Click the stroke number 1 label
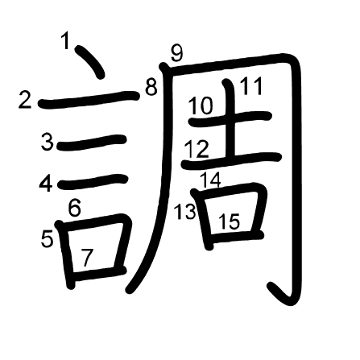tap(65, 40)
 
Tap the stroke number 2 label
tap(25, 100)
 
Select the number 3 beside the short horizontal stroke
tap(48, 143)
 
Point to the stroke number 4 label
tap(46, 184)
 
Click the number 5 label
tap(48, 238)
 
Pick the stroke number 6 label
tap(74, 208)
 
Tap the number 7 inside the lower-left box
tap(87, 258)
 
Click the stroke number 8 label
tap(151, 87)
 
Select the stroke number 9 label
tap(177, 52)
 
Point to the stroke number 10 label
tap(201, 106)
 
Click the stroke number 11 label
tap(251, 86)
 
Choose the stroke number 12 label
tap(197, 149)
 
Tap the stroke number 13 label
tap(185, 212)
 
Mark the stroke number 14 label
tap(211, 180)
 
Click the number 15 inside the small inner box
tap(229, 221)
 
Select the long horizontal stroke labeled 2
tap(89, 99)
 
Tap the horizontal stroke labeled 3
tap(92, 143)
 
